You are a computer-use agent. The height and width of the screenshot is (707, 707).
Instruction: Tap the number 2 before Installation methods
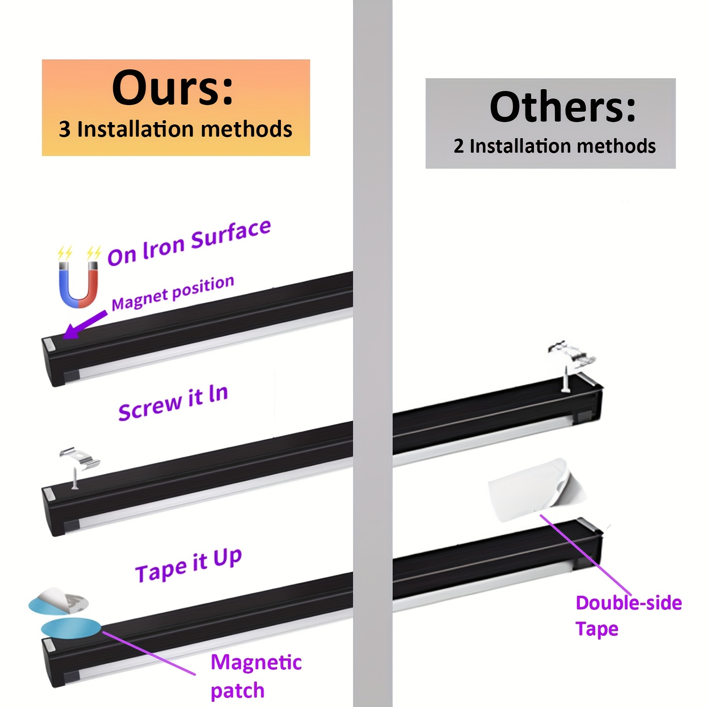459,146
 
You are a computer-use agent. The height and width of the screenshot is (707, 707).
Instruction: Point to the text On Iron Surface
189,243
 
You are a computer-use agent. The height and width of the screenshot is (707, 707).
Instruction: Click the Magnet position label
173,293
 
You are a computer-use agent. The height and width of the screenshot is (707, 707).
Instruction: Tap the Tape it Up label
189,565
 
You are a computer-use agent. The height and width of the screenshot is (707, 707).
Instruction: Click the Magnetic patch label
256,676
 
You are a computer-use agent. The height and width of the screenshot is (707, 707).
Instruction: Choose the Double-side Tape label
629,616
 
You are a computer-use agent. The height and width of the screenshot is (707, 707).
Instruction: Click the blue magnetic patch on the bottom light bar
71,628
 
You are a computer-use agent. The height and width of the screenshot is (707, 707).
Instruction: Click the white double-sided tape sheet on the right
536,490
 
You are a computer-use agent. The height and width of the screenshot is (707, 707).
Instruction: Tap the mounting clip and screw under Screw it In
78,466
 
